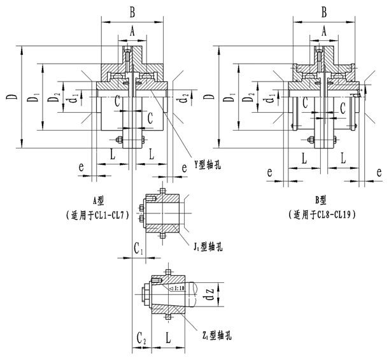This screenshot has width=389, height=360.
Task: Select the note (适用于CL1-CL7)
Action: (102, 215)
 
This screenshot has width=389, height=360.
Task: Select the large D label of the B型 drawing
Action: (210, 97)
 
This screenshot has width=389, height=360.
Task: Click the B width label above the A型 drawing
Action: (132, 11)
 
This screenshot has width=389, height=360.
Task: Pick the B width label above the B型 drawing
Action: (323, 11)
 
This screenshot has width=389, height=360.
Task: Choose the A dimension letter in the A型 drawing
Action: (132, 31)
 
